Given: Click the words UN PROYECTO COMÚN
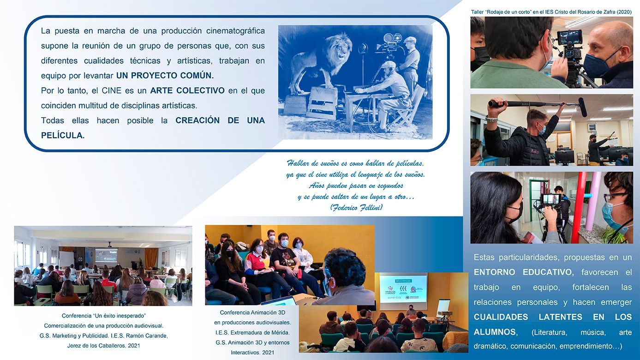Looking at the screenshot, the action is [165, 76].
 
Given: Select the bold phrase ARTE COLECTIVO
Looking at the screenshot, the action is [187, 90].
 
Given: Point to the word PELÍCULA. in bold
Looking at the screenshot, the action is [63, 135].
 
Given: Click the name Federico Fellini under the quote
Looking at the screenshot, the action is [356, 208].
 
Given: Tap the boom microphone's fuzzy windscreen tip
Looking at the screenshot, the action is [583, 107].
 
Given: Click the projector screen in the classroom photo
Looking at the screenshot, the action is [106, 256].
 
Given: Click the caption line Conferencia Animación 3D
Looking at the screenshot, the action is [252, 312].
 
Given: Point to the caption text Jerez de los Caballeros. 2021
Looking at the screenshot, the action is [104, 346].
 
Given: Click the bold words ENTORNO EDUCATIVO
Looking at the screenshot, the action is [523, 272].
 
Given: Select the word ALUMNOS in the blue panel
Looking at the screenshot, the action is [495, 332].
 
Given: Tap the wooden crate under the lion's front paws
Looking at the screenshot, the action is [322, 103].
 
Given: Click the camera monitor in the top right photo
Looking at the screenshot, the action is [570, 37].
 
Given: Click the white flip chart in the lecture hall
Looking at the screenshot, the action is [443, 306].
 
